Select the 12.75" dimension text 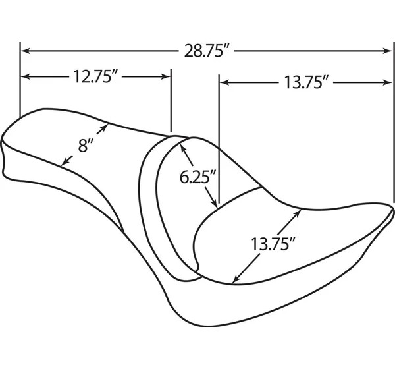pyautogui.click(x=96, y=76)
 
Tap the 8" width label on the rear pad pyautogui.click(x=86, y=146)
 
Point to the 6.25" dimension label pyautogui.click(x=198, y=177)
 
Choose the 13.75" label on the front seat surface pyautogui.click(x=273, y=244)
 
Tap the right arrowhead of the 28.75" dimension pyautogui.click(x=388, y=51)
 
